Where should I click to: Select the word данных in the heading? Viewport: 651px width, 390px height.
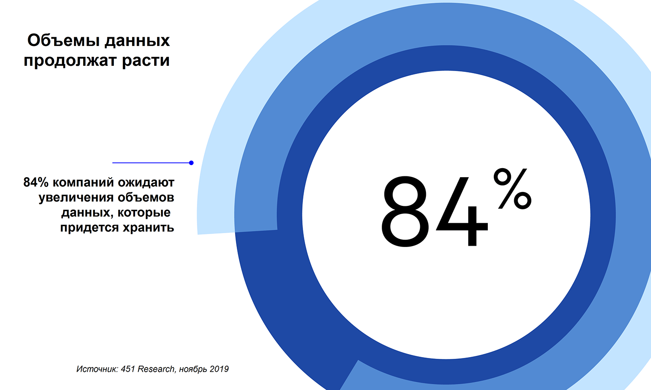[137, 41]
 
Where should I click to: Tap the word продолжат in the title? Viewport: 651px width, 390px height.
[70, 61]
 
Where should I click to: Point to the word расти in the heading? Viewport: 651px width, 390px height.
[145, 61]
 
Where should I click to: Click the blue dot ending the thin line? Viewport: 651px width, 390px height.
[191, 163]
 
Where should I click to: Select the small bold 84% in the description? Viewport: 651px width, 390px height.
[36, 182]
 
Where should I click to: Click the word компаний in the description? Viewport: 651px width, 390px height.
[84, 182]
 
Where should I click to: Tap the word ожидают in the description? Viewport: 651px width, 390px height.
[146, 182]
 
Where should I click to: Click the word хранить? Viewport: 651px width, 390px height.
[148, 227]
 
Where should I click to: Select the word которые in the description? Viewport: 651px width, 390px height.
[144, 213]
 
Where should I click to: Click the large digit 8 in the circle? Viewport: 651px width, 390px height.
[406, 211]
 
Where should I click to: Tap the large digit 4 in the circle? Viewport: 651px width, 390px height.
[462, 211]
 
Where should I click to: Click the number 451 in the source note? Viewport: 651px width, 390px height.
[128, 369]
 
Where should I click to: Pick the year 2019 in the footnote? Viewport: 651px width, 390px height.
[219, 369]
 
